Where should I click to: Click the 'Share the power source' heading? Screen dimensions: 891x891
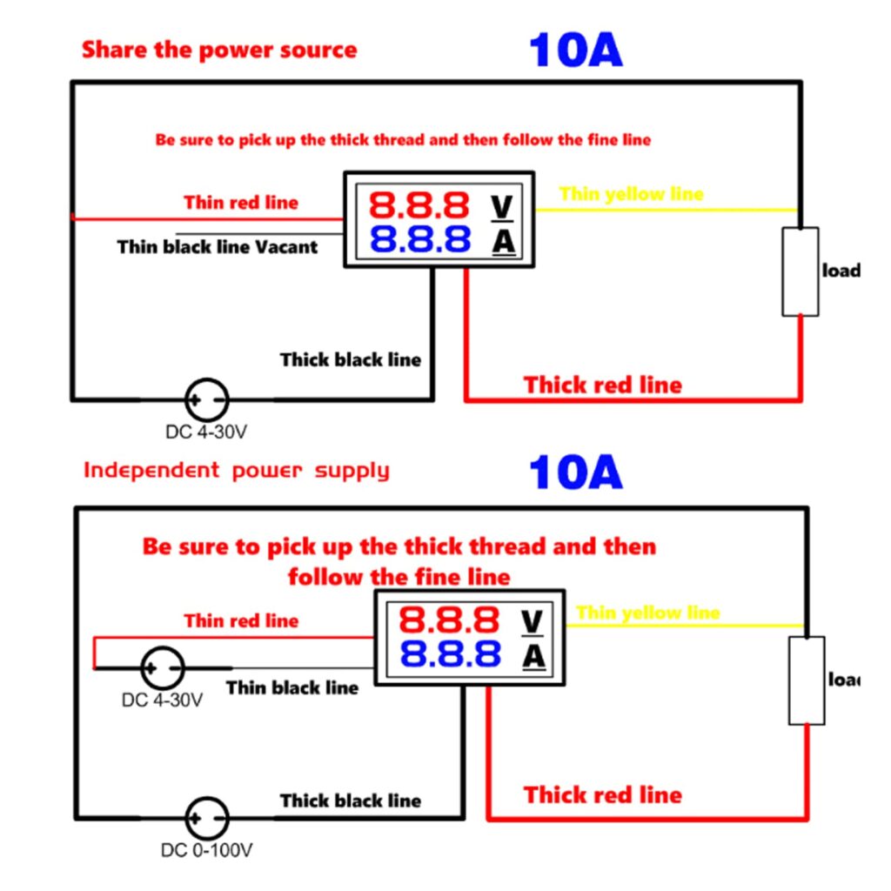219,50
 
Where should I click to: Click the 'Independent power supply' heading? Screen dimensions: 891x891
236,471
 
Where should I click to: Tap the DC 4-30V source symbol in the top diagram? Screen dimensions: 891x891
207,400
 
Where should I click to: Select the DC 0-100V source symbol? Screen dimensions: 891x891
207,819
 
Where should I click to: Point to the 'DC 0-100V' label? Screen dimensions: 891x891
207,850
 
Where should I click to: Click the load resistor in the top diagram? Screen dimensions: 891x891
800,271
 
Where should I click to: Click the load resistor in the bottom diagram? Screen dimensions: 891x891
807,680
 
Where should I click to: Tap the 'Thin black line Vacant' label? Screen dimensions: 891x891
218,247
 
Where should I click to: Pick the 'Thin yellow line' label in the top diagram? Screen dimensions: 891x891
631,193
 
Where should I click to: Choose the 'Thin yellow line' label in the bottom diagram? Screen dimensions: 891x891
647,613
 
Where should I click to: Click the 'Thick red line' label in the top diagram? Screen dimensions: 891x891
602,385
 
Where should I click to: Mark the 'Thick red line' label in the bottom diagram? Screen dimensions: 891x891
602,794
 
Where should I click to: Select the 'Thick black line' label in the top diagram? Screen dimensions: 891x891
350,359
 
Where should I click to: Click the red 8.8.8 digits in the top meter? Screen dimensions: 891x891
419,205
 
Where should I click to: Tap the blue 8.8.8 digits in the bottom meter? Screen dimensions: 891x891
450,653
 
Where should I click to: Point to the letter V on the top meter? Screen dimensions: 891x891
503,206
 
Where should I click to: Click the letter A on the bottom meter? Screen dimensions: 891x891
534,655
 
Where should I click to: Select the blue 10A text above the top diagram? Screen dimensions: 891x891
575,50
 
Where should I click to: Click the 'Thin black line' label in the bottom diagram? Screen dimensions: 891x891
292,687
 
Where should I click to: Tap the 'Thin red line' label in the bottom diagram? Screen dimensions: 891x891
241,620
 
